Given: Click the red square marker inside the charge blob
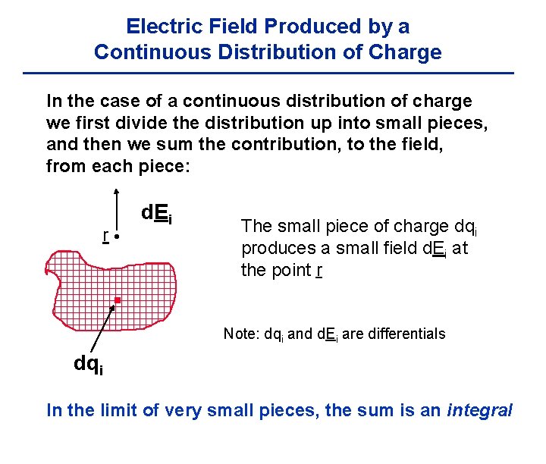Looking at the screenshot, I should click(118, 301).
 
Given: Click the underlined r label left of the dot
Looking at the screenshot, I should click(105, 236).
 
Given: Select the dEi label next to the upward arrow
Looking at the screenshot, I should click(157, 215).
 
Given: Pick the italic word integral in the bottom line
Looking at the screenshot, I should click(480, 411).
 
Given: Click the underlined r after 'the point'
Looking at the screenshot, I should click(320, 270).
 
